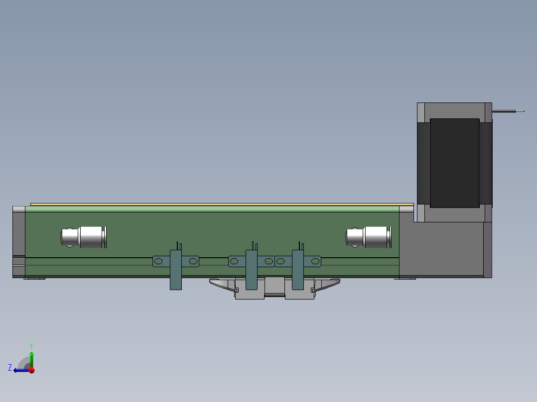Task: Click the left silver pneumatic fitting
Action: (84, 237)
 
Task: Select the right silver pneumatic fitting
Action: (369, 237)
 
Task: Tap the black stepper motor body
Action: (454, 163)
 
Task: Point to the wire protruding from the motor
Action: (508, 111)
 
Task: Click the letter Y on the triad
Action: (31, 345)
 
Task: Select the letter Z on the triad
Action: (10, 368)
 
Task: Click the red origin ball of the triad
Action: (31, 370)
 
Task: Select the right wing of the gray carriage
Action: (327, 284)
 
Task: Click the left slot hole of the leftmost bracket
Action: (158, 261)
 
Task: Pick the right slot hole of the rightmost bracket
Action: (315, 261)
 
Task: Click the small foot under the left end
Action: (34, 278)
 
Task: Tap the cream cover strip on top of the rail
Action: (222, 204)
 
